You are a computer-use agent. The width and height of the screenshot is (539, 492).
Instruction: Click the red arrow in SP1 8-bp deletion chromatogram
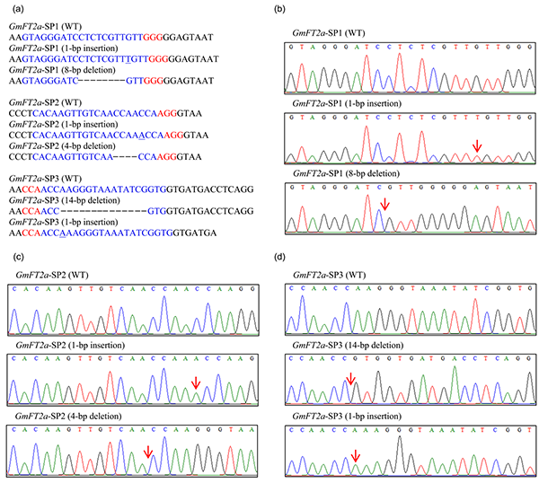(x=384, y=206)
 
